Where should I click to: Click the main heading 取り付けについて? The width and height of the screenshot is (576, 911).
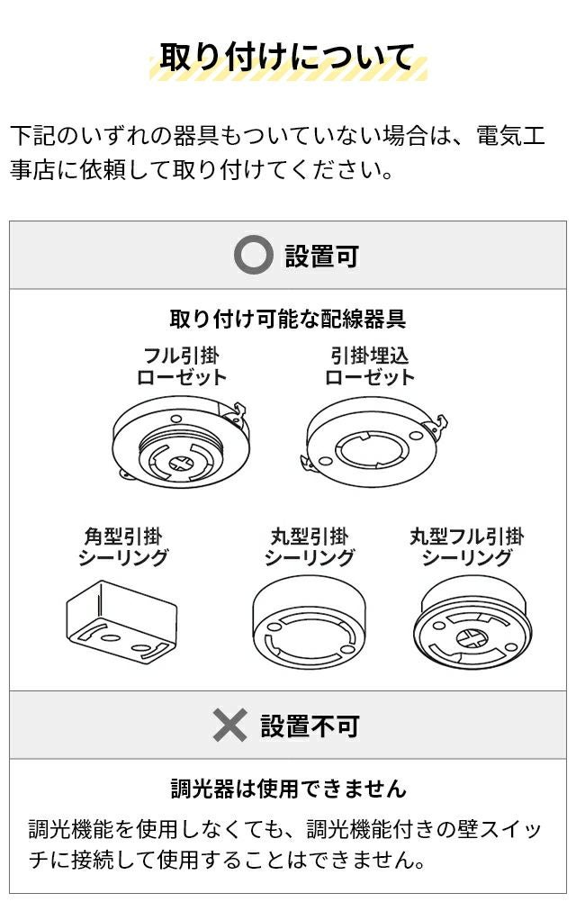pos(286,58)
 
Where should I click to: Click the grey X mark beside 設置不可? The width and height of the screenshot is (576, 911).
pos(229,725)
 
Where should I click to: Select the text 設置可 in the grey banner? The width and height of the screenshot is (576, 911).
pos(322,256)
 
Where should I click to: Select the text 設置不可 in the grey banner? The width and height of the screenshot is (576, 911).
pos(310,726)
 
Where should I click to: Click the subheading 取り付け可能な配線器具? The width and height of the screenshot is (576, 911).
pos(287,319)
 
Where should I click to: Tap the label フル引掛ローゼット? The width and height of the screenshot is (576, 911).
pos(182,366)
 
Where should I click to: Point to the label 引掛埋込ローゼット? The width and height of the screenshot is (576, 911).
pos(370,366)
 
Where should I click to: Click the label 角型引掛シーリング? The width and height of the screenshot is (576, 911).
pos(123,546)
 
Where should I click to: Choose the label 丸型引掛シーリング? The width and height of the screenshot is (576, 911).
pos(310,546)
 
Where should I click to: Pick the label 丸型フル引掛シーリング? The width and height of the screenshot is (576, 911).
pos(467,546)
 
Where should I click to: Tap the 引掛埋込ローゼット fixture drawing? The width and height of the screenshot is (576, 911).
pos(374,441)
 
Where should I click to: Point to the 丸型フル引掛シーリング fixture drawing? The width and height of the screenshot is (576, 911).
pos(472,622)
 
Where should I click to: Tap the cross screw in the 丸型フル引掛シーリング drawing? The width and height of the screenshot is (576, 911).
pos(471,638)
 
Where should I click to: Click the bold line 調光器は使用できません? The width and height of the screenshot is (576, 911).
pos(289,789)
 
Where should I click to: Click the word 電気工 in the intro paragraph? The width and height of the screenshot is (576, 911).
pos(511,135)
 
